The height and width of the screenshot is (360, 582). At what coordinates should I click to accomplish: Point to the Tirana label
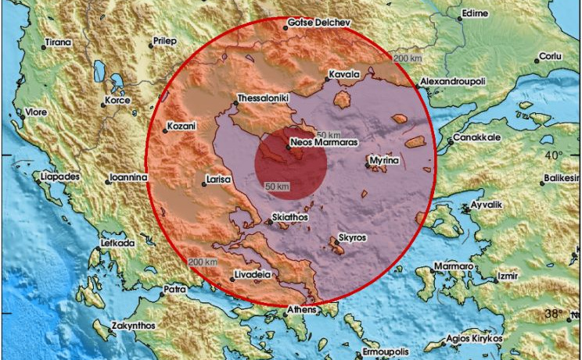click(x=59, y=41)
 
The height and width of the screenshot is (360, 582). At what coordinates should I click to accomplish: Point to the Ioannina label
click(x=129, y=177)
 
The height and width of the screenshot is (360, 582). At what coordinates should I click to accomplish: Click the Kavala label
click(x=343, y=74)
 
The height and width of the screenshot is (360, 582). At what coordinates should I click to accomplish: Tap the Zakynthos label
click(x=134, y=325)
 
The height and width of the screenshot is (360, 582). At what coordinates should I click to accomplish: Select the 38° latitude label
click(x=554, y=314)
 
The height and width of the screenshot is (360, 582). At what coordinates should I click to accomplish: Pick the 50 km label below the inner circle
click(x=278, y=186)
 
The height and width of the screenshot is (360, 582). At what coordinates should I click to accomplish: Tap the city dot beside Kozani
click(x=166, y=130)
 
